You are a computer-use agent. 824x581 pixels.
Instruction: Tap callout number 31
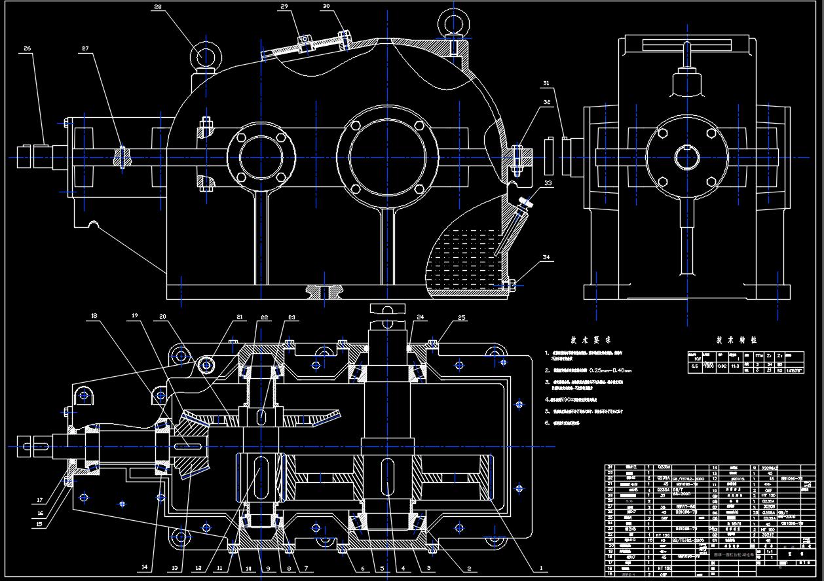[x=547, y=83]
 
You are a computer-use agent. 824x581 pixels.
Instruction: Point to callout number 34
[x=547, y=258]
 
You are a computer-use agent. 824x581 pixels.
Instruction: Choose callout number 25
[x=462, y=318]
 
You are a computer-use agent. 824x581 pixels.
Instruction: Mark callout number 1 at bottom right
[x=541, y=569]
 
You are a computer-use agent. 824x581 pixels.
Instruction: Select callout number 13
[x=174, y=568]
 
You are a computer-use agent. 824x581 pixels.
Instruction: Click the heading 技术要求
[x=590, y=340]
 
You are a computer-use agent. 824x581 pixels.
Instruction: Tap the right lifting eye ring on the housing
[x=451, y=21]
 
